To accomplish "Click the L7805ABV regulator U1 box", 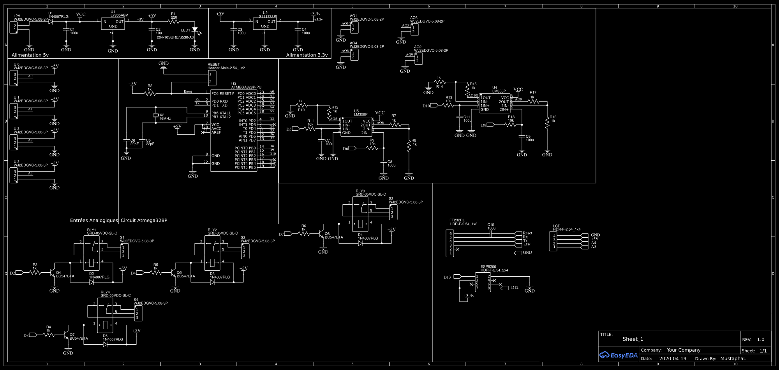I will pyautogui.click(x=113, y=24).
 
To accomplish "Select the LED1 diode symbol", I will pyautogui.click(x=195, y=30).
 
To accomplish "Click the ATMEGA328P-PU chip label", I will pyautogui.click(x=246, y=88).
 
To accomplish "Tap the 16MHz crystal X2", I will pyautogui.click(x=156, y=115).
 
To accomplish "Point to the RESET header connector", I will pyautogui.click(x=212, y=78).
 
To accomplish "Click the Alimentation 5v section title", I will pyautogui.click(x=30, y=55).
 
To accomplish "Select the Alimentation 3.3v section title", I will pyautogui.click(x=307, y=55).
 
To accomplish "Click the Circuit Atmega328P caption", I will pyautogui.click(x=144, y=220).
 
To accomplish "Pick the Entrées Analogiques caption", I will pyautogui.click(x=93, y=220).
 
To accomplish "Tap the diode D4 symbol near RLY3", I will pyautogui.click(x=360, y=243).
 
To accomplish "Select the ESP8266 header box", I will pyautogui.click(x=483, y=282).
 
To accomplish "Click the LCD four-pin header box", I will pyautogui.click(x=553, y=241).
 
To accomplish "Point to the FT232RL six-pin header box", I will pyautogui.click(x=450, y=243).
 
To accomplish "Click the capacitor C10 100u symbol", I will pyautogui.click(x=491, y=233).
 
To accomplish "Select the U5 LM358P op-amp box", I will pyautogui.click(x=356, y=127).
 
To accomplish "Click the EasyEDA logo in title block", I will pyautogui.click(x=619, y=355).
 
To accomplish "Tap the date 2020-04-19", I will pyautogui.click(x=673, y=359).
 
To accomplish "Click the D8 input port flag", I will pyautogui.click(x=33, y=335).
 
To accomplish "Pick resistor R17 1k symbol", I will pyautogui.click(x=533, y=101).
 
